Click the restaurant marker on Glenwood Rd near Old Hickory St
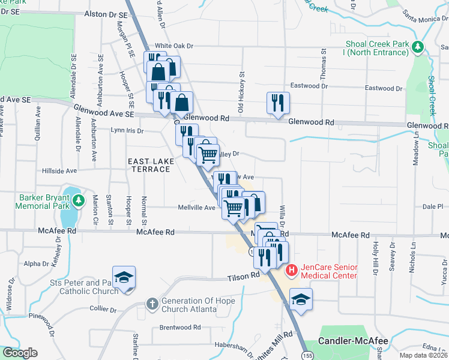pyautogui.click(x=278, y=103)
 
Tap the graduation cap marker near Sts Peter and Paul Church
pyautogui.click(x=124, y=278)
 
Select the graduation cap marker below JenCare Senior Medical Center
pyautogui.click(x=301, y=300)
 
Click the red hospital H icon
pyautogui.click(x=292, y=271)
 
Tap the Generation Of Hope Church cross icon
pyautogui.click(x=153, y=305)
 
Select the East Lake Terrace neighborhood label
pyautogui.click(x=150, y=165)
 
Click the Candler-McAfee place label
pyautogui.click(x=354, y=340)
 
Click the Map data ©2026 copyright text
pyautogui.click(x=423, y=355)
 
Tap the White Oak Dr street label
pyautogui.click(x=174, y=46)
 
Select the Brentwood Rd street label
pyautogui.click(x=180, y=328)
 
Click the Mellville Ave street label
pyautogui.click(x=196, y=208)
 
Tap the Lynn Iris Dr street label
pyautogui.click(x=127, y=130)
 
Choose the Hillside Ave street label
pyautogui.click(x=59, y=171)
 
